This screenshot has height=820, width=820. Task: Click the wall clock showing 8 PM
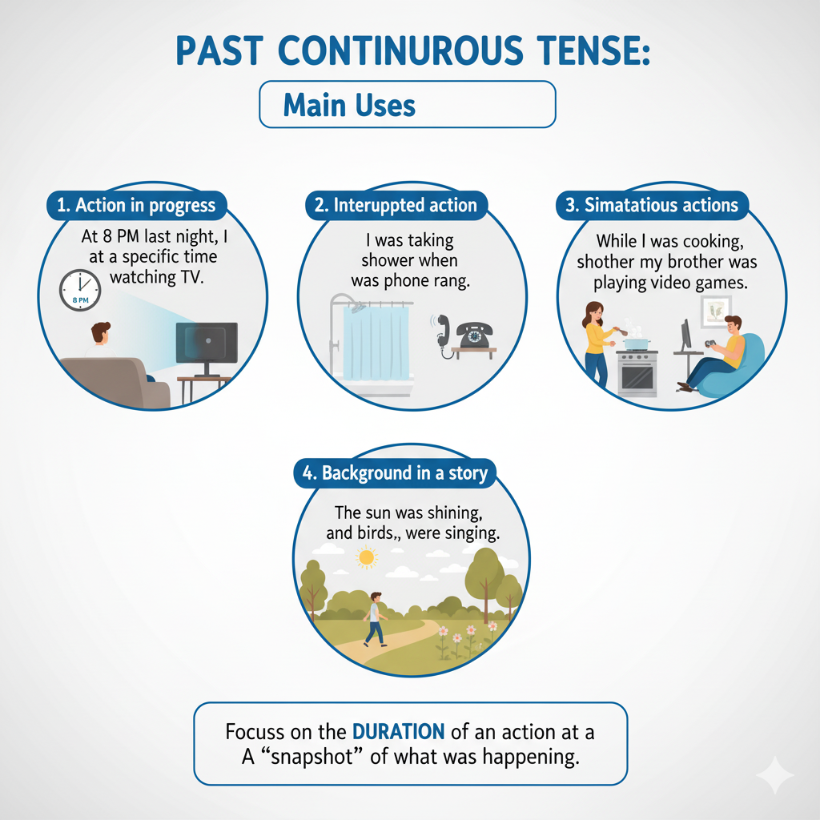(x=80, y=290)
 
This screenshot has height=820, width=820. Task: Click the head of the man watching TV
(x=100, y=333)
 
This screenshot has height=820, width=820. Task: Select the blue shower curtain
(x=376, y=343)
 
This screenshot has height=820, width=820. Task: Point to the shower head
(x=358, y=308)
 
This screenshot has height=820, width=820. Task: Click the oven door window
(x=637, y=376)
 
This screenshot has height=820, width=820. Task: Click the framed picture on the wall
(x=715, y=312)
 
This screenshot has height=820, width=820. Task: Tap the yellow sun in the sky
(x=367, y=557)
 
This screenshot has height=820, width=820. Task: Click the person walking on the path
(x=376, y=619)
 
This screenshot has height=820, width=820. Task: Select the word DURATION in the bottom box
(x=399, y=732)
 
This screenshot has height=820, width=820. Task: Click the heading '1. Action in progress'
(x=136, y=205)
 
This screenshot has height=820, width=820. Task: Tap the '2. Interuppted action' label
(x=396, y=205)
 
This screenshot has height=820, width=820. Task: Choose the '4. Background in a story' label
(x=395, y=472)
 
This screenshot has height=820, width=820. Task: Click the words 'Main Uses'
(x=349, y=105)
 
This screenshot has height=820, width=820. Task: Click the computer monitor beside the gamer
(x=685, y=336)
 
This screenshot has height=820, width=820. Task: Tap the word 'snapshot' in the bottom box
(x=312, y=757)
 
